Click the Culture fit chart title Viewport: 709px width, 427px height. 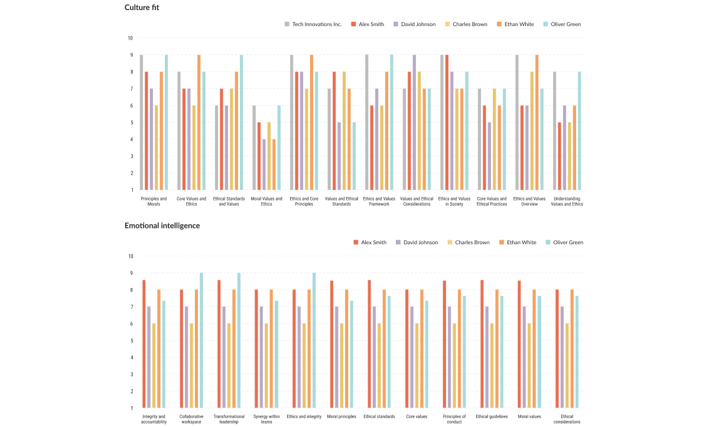[142, 8]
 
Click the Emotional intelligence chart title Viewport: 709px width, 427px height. [162, 225]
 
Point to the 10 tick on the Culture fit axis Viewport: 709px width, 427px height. [129, 38]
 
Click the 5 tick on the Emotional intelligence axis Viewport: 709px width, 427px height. [131, 341]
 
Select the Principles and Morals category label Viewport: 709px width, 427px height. [154, 201]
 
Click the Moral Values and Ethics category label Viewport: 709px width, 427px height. [266, 201]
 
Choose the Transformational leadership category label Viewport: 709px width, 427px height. [229, 419]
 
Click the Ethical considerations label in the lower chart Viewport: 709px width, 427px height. [567, 419]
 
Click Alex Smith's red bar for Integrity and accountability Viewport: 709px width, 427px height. [144, 344]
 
